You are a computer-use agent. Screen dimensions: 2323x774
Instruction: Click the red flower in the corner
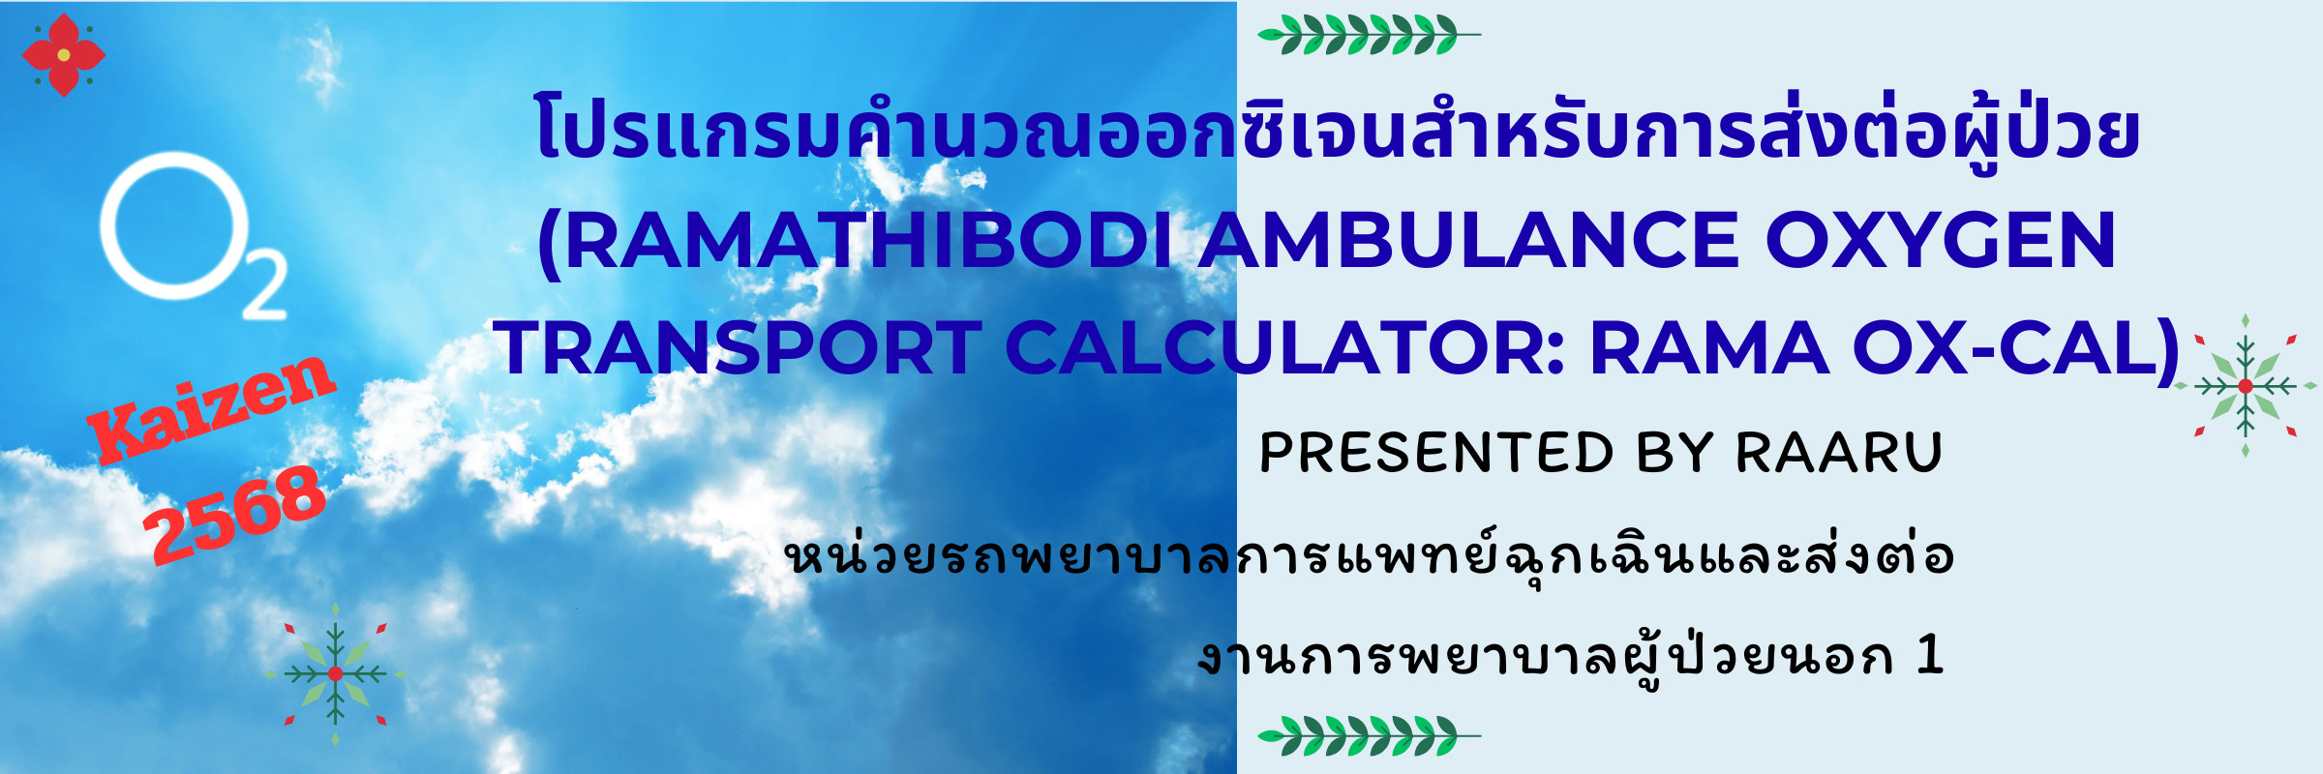[x=63, y=55]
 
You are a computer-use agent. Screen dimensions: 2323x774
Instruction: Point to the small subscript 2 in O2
[x=264, y=284]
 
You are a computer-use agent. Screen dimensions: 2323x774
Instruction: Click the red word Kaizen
[x=211, y=408]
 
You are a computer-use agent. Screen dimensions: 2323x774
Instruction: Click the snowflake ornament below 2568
[x=335, y=673]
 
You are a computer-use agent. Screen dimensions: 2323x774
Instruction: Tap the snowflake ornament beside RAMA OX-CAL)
[x=2246, y=386]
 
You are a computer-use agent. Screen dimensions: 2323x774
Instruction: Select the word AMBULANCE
[x=1469, y=241]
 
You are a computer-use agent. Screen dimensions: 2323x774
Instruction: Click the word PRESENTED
[x=1436, y=453]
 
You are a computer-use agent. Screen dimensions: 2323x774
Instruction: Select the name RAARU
[x=1839, y=453]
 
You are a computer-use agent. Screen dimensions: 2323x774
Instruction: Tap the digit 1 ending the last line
[x=1930, y=655]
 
